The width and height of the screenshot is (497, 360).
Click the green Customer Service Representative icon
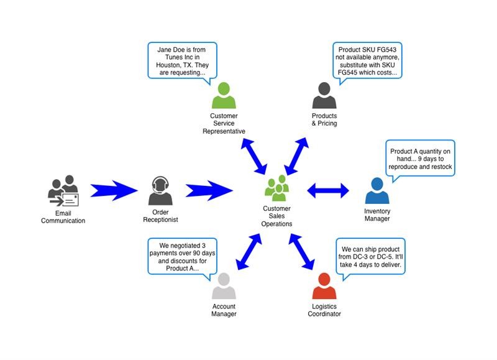pyautogui.click(x=224, y=96)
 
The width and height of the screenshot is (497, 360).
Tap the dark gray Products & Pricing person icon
pyautogui.click(x=324, y=96)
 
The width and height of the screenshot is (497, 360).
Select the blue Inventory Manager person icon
pyautogui.click(x=377, y=191)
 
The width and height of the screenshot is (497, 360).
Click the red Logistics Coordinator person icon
pyautogui.click(x=324, y=287)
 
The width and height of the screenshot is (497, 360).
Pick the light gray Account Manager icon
pyautogui.click(x=224, y=287)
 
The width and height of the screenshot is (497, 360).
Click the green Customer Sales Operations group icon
pyautogui.click(x=276, y=188)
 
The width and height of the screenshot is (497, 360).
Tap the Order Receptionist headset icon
pyautogui.click(x=160, y=191)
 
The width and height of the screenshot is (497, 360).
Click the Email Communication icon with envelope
pyautogui.click(x=63, y=192)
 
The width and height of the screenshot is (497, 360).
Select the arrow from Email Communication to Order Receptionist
pyautogui.click(x=113, y=191)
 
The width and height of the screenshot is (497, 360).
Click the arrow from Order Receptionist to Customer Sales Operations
pyautogui.click(x=208, y=191)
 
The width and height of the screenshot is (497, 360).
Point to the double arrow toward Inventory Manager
pyautogui.click(x=328, y=191)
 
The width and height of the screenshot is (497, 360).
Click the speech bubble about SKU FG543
pyautogui.click(x=367, y=60)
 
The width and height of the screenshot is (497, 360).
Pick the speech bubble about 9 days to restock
pyautogui.click(x=420, y=159)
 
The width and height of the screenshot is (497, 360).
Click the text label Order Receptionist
pyautogui.click(x=160, y=216)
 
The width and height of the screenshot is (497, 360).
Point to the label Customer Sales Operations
pyautogui.click(x=276, y=216)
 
